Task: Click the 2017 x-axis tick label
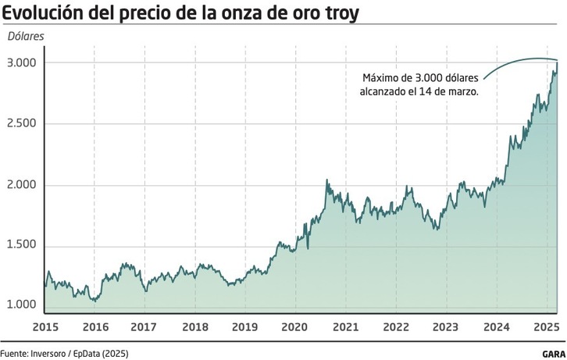pos(144,325)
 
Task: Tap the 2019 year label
pos(245,325)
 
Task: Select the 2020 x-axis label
pos(294,325)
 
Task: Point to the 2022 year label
pos(396,325)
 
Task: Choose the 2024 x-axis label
pos(496,325)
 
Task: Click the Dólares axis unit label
pos(27,37)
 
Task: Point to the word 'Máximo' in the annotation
pos(382,77)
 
